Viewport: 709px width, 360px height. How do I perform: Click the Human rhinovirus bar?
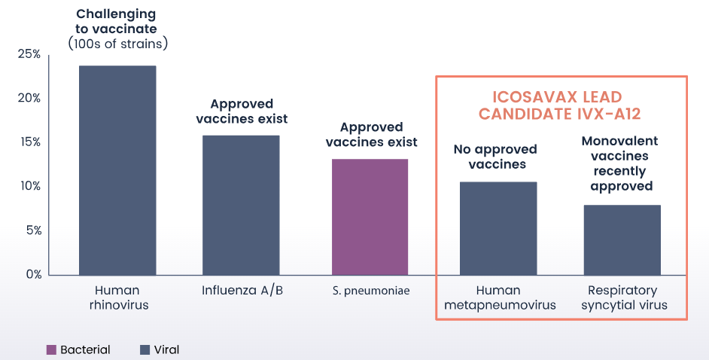pyautogui.click(x=117, y=170)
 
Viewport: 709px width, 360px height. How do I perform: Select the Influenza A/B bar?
pyautogui.click(x=241, y=205)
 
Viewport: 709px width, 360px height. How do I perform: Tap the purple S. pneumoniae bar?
pyautogui.click(x=370, y=217)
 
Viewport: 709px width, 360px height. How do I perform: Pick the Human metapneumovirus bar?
pyautogui.click(x=498, y=228)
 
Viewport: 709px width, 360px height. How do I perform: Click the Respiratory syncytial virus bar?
pyautogui.click(x=622, y=239)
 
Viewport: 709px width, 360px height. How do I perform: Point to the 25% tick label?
pyautogui.click(x=29, y=54)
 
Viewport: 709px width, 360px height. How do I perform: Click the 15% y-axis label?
pyautogui.click(x=29, y=142)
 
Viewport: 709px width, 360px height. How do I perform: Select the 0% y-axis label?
pyautogui.click(x=33, y=274)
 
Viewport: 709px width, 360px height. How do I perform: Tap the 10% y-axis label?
pyautogui.click(x=29, y=186)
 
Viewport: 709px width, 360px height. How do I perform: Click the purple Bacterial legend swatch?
pyautogui.click(x=51, y=349)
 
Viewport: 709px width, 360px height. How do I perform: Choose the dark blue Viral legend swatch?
pyautogui.click(x=145, y=349)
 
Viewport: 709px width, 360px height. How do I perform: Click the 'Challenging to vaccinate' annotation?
pyautogui.click(x=116, y=21)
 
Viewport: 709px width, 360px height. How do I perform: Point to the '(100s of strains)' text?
pyautogui.click(x=117, y=44)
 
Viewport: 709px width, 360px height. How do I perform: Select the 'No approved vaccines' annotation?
pyautogui.click(x=495, y=157)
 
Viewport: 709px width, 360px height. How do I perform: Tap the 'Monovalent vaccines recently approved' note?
pyautogui.click(x=620, y=163)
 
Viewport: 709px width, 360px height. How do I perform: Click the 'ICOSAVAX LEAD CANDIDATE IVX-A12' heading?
pyautogui.click(x=560, y=105)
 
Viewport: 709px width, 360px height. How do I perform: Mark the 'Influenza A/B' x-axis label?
pyautogui.click(x=242, y=290)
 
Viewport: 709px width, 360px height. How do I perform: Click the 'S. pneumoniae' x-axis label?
pyautogui.click(x=371, y=291)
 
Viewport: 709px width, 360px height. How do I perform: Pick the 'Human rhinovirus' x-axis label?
pyautogui.click(x=118, y=297)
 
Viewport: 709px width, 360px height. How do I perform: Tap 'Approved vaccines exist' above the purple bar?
pyautogui.click(x=371, y=134)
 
